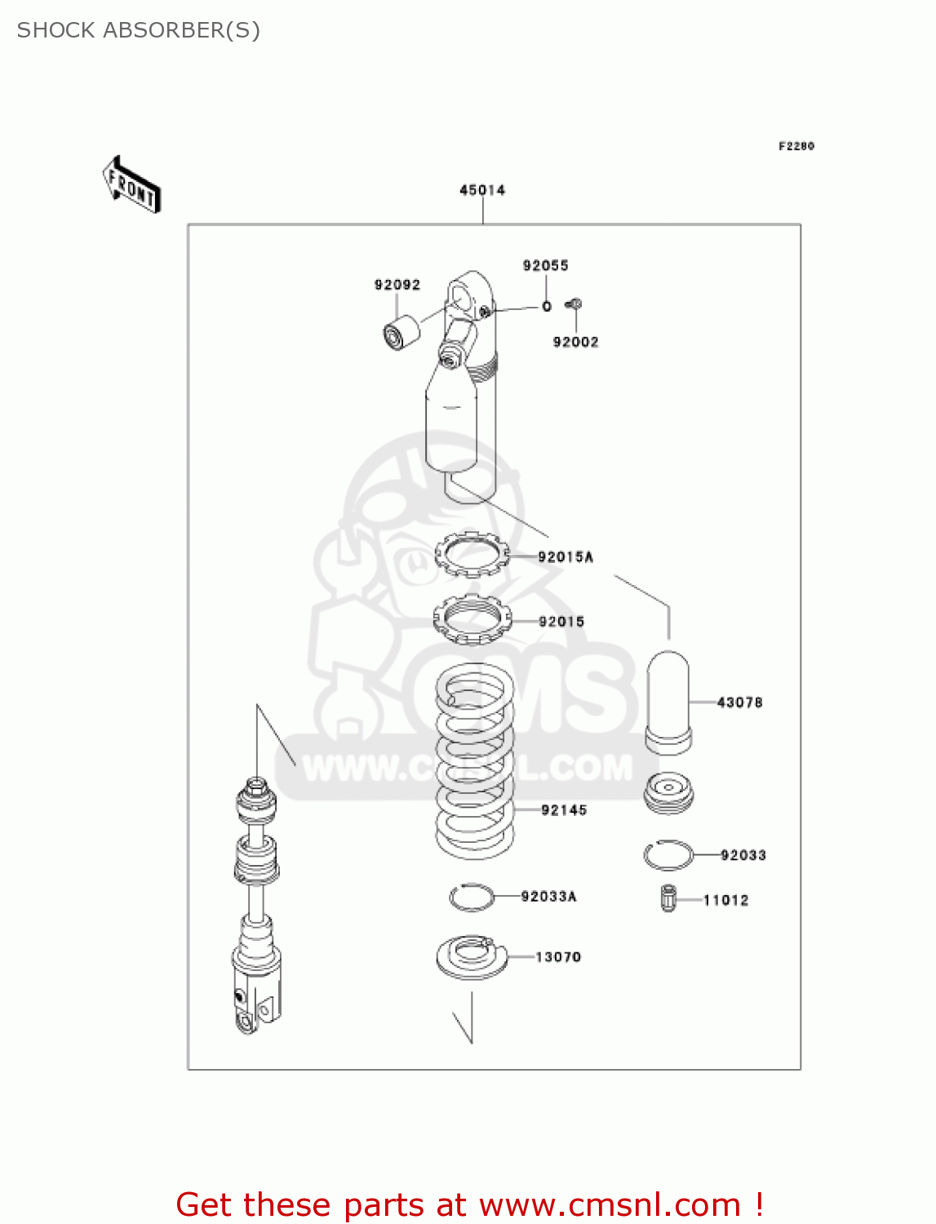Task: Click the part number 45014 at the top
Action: pos(482,190)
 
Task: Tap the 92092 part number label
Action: pos(397,285)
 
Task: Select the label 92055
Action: pos(545,265)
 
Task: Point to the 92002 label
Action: pos(575,342)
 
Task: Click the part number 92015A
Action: pos(566,557)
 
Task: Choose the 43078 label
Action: pos(739,702)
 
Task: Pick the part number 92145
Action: pos(564,809)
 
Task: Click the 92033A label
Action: pos(548,896)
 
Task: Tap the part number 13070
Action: pos(558,956)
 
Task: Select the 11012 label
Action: pos(725,900)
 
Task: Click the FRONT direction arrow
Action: pos(131,185)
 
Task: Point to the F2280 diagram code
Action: pos(796,146)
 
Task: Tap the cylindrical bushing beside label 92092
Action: pos(401,332)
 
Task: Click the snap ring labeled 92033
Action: pos(668,855)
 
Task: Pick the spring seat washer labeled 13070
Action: pos(471,956)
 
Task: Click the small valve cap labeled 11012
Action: pos(668,898)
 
